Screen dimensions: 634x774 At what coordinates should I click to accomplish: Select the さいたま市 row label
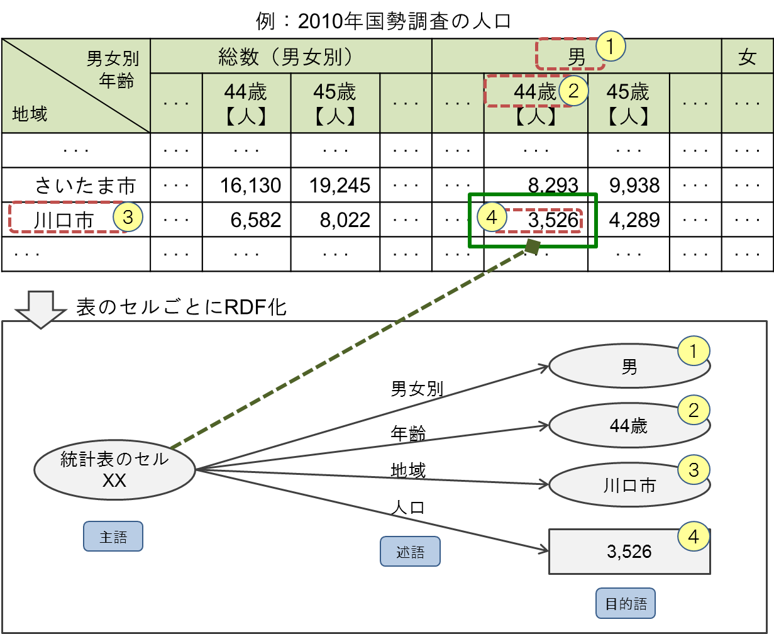[x=85, y=186]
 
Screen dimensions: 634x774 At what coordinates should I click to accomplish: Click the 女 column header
[x=747, y=58]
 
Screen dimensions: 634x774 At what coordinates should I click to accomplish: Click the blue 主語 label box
[x=113, y=537]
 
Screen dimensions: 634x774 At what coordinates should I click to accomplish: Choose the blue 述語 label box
[x=410, y=552]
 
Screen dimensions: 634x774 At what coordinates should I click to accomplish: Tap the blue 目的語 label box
[x=625, y=604]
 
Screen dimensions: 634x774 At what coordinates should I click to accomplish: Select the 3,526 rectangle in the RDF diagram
[x=629, y=552]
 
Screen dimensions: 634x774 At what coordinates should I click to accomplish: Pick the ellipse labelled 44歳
[x=629, y=426]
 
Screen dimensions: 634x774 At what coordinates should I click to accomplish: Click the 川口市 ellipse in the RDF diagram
[x=629, y=485]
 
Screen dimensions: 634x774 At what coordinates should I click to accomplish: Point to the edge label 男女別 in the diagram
[x=417, y=389]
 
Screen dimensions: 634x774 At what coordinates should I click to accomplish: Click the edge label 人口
[x=408, y=506]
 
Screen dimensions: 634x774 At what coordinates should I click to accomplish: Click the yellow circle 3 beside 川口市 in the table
[x=128, y=217]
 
